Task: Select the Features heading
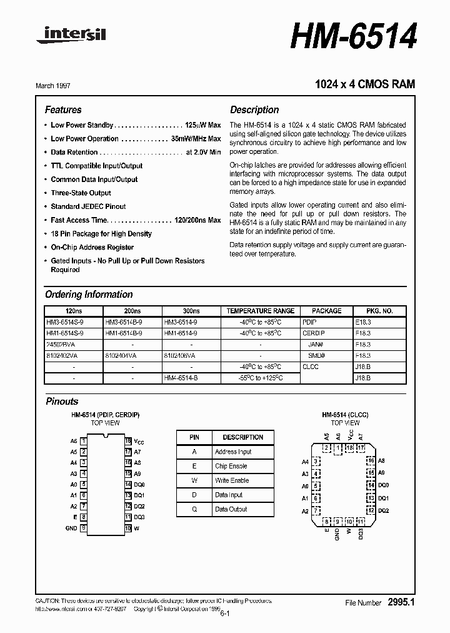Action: coord(63,109)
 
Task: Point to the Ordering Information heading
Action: coord(89,295)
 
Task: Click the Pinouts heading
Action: coord(62,402)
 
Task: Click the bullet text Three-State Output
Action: coord(81,193)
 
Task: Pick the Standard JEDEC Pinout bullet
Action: coord(88,206)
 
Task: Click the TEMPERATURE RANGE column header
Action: coord(260,311)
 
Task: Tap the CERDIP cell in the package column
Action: coord(314,333)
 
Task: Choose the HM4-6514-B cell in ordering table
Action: coord(181,378)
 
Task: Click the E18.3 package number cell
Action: coord(363,322)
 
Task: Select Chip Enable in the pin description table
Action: coord(231,466)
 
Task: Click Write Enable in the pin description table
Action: coord(231,480)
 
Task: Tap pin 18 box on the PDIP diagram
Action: coord(128,441)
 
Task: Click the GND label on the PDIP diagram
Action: coord(71,528)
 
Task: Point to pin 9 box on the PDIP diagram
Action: coord(83,528)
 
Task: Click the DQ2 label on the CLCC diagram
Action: coord(383,510)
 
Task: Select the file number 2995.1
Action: coord(401,602)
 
